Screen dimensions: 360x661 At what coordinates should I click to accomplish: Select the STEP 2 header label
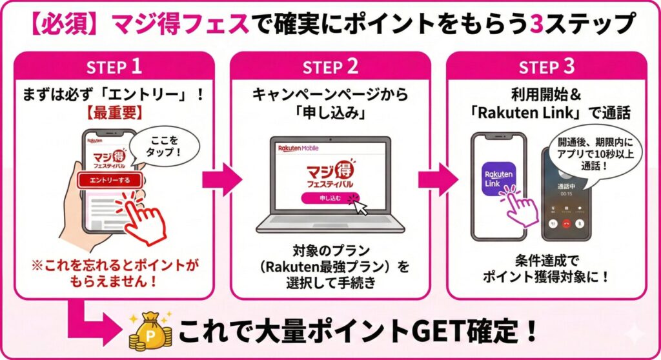330,66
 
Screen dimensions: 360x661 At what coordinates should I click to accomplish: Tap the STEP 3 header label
546,66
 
